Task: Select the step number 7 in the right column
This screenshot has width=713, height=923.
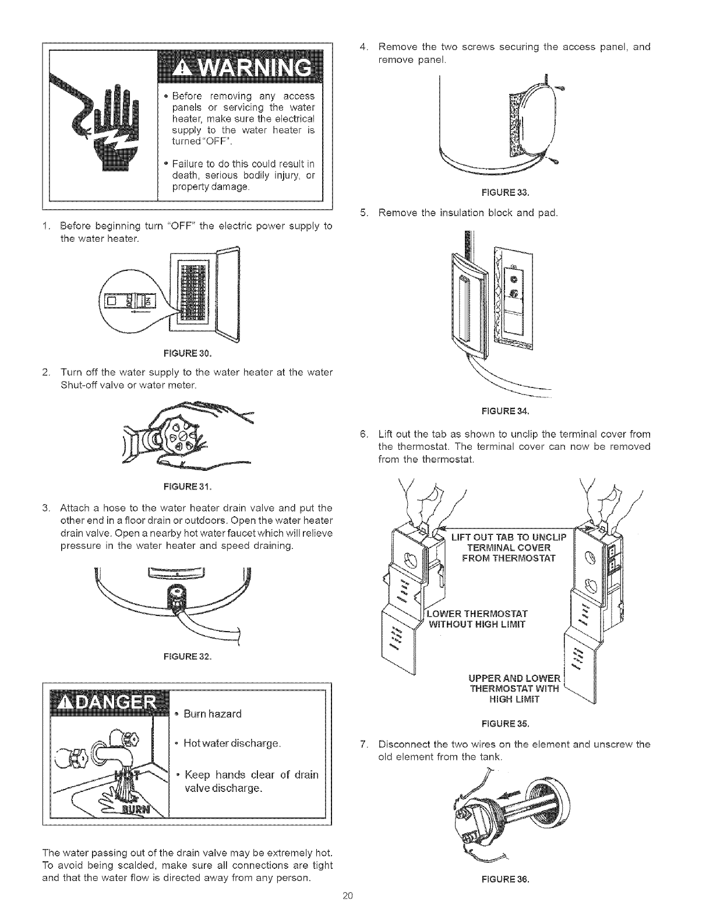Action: tap(364, 745)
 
